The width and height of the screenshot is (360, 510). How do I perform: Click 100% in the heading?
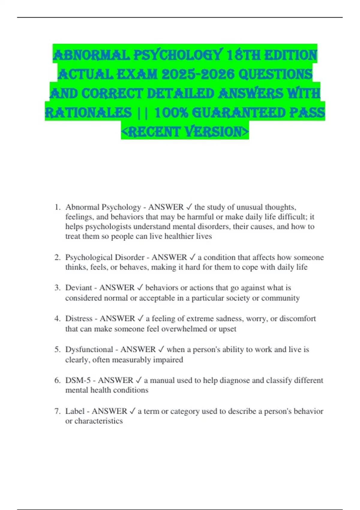point(171,112)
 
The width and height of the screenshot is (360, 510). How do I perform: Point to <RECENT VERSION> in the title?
point(185,131)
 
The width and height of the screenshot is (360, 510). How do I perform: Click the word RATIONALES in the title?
point(88,112)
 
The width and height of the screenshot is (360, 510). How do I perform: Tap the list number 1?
point(57,207)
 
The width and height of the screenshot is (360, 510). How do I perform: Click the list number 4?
point(57,319)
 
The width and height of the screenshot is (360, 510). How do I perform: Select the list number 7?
point(57,411)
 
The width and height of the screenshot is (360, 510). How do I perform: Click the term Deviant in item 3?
point(78,288)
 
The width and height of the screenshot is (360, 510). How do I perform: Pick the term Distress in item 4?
point(79,319)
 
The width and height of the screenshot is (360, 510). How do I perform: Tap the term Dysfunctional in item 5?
point(89,349)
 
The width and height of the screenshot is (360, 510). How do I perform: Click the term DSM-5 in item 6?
point(78,380)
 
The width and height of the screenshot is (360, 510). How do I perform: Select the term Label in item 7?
point(75,411)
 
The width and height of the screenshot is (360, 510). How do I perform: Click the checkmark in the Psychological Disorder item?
point(192,257)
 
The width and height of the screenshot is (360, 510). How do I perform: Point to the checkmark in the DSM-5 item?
point(139,380)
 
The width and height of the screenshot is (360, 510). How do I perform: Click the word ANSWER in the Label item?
point(109,411)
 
